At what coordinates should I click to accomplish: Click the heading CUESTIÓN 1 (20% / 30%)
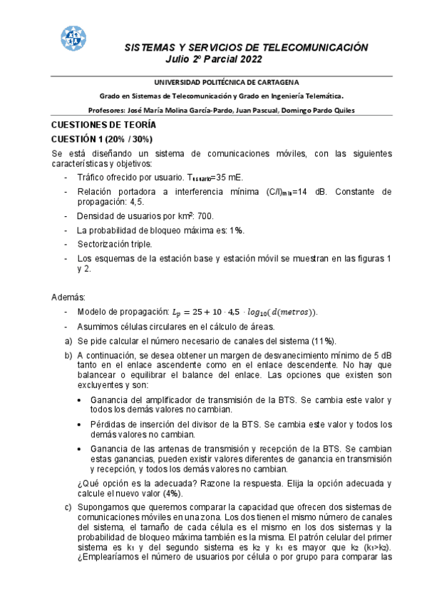102,138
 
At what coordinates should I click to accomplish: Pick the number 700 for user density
204,215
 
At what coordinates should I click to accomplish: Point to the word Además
68,296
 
